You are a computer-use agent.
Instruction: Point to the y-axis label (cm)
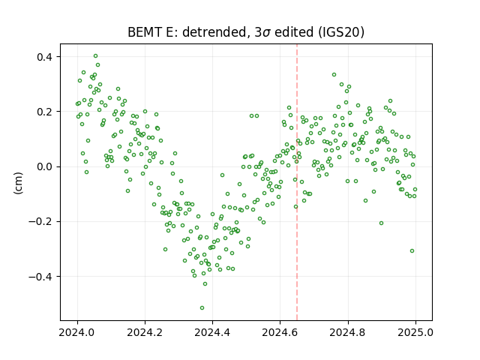point(18,183)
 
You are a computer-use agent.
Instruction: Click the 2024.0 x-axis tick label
point(77,332)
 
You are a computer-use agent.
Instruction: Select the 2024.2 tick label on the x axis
point(145,332)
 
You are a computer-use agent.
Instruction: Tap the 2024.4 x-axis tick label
point(212,332)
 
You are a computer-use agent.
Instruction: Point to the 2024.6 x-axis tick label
point(280,332)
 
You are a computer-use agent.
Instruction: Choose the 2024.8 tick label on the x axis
point(348,332)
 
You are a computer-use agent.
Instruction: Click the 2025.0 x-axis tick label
point(415,332)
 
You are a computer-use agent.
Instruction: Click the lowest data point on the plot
point(202,308)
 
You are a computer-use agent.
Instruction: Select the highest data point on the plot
point(95,56)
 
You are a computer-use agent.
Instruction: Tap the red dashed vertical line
point(297,182)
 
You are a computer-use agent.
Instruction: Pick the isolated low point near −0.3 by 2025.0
point(412,251)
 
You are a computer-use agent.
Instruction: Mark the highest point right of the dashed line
point(334,75)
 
